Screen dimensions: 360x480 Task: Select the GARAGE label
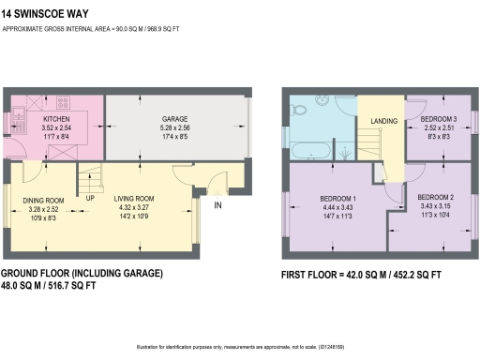click(x=175, y=119)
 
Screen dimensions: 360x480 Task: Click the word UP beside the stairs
click(x=90, y=199)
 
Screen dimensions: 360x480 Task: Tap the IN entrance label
click(x=218, y=204)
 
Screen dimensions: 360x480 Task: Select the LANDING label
click(x=384, y=122)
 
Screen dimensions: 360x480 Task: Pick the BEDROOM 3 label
click(x=438, y=119)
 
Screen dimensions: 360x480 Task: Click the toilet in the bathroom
click(x=298, y=111)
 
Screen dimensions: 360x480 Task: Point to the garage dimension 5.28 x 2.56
click(x=175, y=127)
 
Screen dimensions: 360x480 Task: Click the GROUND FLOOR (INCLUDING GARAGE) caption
click(x=82, y=273)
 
